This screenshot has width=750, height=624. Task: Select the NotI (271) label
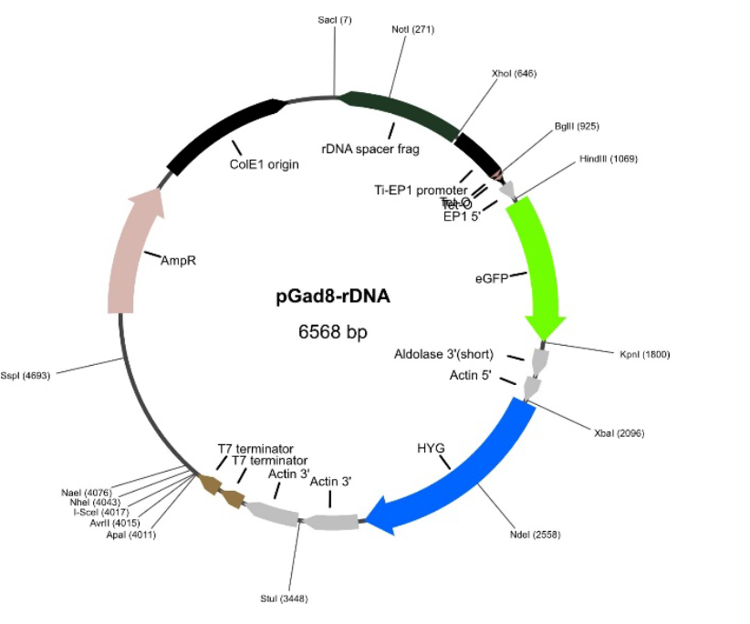click(x=412, y=29)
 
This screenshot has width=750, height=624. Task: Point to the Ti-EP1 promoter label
click(x=421, y=190)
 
